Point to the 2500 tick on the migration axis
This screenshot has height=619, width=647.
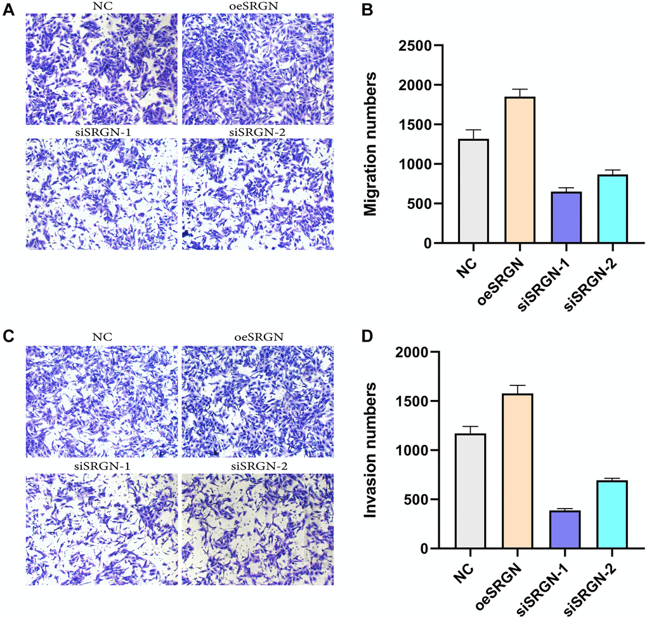tap(413, 46)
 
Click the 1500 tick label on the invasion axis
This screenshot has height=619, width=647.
tap(413, 401)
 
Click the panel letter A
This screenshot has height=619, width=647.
tap(8, 11)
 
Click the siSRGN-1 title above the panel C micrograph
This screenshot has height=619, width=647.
tap(102, 468)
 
